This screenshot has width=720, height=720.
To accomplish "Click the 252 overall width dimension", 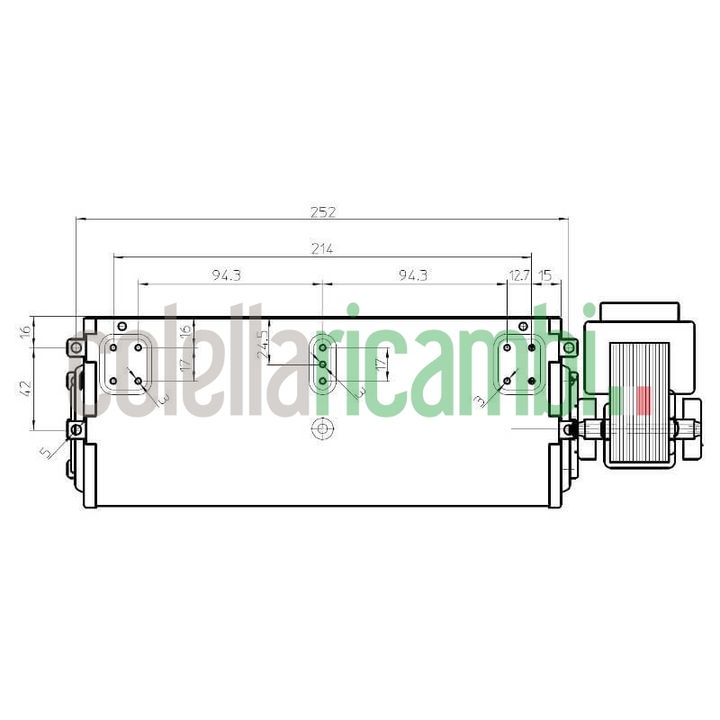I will coord(322,212).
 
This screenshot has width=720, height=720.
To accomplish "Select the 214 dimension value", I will coord(322,249).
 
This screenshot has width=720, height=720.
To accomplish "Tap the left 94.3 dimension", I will coord(226,275).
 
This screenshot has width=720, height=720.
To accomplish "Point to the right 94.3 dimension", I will coord(412,275).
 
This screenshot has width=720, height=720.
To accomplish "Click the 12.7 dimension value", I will coord(519,275).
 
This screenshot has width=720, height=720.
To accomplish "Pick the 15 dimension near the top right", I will coord(545,275).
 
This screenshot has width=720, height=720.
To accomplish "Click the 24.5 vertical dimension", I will coord(263,345).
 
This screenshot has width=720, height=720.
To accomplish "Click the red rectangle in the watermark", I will coord(643,400).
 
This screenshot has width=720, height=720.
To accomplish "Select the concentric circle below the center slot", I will coord(321,428).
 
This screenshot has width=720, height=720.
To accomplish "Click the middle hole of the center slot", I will coord(322,364).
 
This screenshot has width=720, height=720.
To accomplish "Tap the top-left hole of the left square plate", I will coord(113,347).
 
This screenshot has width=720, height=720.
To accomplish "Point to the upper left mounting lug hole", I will coord(76,347).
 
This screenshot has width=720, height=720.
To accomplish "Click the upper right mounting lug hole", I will coord(569,347).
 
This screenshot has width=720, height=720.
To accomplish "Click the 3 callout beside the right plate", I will coord(480,399).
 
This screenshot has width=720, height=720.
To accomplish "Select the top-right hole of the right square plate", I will coord(532,347).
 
